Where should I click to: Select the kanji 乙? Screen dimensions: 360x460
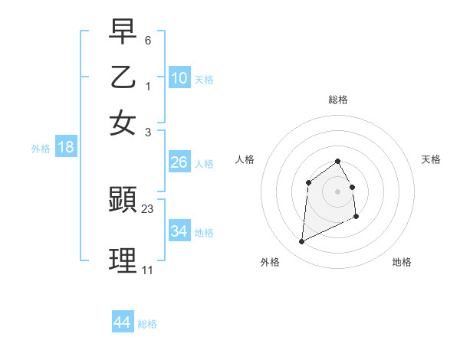coord(123,77)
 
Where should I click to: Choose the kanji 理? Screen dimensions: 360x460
coord(123,261)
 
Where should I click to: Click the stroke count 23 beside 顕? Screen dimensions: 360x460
coord(148,208)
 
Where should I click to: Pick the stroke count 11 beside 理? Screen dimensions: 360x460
coord(147,270)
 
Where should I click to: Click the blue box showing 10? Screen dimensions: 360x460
coord(179,77)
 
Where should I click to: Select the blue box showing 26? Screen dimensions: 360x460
coord(179,162)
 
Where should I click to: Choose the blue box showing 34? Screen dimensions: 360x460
coord(179,231)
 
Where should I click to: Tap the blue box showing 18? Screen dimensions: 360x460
coord(66,147)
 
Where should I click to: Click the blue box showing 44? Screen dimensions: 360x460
coord(122,322)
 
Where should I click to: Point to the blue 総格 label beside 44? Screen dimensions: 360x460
coord(147,324)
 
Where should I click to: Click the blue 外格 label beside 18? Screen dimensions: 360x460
coord(41,149)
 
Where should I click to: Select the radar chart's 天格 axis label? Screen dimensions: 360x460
coord(431,159)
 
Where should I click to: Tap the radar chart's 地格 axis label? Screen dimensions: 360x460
coord(402,263)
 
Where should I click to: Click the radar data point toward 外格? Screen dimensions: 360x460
coord(301,243)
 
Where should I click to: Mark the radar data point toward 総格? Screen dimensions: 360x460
coord(338,161)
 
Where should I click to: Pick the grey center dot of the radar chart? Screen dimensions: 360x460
coord(338,191)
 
